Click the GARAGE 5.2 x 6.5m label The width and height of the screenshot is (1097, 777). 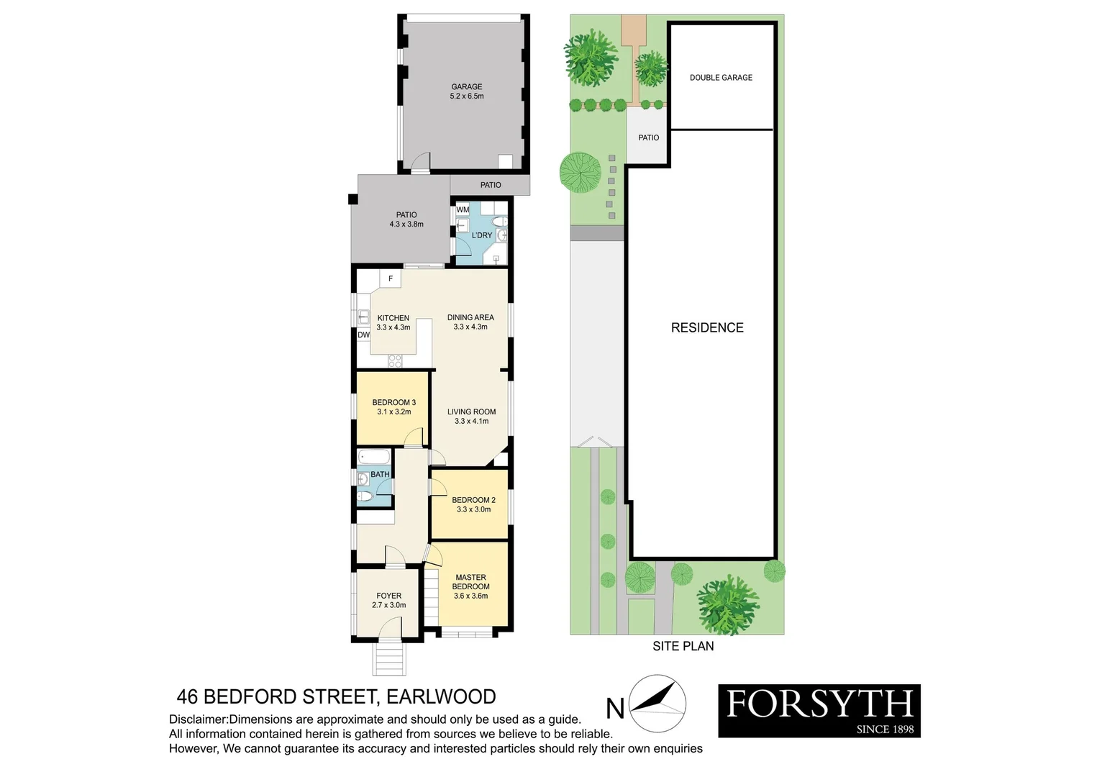[x=467, y=91]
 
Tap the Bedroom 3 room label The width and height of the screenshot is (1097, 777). [x=393, y=407]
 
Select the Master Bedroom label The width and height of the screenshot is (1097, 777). [x=470, y=586]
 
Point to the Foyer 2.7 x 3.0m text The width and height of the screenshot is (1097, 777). [x=388, y=601]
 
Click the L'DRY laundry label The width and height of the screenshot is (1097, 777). [x=482, y=235]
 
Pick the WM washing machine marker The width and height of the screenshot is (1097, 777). [x=463, y=210]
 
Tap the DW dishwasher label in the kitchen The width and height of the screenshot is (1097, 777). [x=363, y=335]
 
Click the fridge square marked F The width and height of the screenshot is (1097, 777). [x=391, y=278]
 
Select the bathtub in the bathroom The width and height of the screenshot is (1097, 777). [x=374, y=457]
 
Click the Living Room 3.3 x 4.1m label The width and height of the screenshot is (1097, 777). [x=471, y=417]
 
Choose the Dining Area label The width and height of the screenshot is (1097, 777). [x=470, y=322]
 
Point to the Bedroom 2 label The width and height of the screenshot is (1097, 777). [x=473, y=504]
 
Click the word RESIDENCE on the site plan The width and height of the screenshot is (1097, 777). [x=707, y=328]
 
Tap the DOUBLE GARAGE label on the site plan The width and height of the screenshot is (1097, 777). [x=721, y=78]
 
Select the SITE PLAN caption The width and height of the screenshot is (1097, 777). [x=683, y=646]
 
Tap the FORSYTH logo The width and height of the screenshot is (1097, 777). [x=819, y=710]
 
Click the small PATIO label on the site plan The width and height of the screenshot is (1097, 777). [x=648, y=137]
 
